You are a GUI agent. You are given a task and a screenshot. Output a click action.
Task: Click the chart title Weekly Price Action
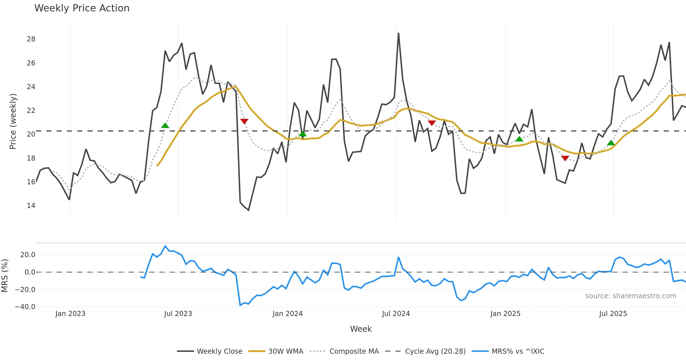click(82, 8)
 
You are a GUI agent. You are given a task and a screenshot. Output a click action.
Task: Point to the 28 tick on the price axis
click(31, 39)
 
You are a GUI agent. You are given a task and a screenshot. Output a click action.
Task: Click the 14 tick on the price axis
click(31, 206)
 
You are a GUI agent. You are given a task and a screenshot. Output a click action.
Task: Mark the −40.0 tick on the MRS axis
click(25, 307)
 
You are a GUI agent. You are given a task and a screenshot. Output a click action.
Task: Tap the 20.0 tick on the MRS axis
click(27, 255)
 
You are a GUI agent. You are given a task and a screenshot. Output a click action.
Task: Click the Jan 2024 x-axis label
click(287, 314)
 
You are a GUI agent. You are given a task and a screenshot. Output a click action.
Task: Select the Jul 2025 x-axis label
click(613, 314)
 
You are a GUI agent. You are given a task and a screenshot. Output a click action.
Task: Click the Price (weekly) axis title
click(13, 121)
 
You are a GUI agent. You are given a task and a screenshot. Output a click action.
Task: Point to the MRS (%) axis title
click(5, 276)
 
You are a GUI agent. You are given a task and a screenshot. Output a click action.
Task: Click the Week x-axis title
click(361, 329)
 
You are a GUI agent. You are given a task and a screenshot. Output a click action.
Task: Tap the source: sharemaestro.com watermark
click(631, 296)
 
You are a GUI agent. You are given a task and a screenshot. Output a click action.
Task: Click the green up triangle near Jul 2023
click(165, 125)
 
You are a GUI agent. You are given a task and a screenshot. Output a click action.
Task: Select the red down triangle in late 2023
click(244, 121)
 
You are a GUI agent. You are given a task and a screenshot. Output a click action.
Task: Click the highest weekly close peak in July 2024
click(398, 33)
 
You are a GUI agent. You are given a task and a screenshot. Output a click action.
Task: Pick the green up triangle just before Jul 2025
click(611, 143)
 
